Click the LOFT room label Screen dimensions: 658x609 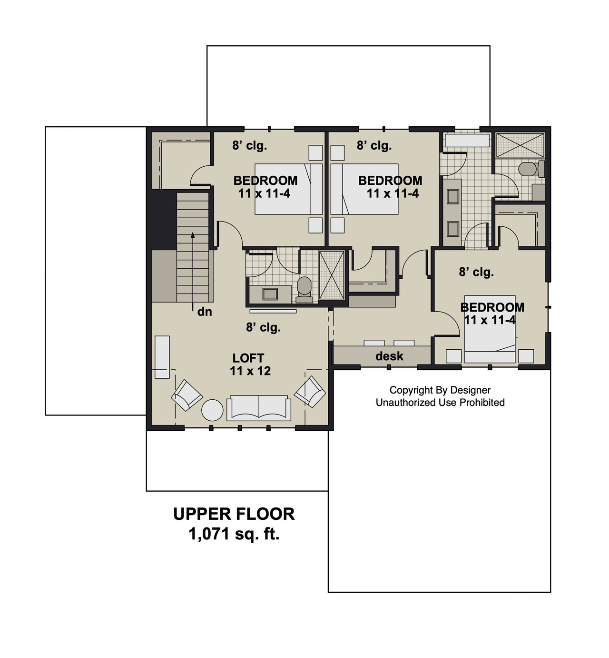[x=248, y=358]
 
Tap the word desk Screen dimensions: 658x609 [x=389, y=356]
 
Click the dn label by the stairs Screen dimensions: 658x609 [x=204, y=312]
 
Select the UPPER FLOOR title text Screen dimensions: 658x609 [x=234, y=514]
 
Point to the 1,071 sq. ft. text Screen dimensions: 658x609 [x=234, y=534]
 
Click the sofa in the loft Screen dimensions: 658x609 [x=259, y=408]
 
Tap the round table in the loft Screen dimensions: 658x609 [x=212, y=410]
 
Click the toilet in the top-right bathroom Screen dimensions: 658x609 [x=528, y=169]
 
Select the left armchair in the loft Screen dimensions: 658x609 [x=187, y=395]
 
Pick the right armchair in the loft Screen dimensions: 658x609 [x=310, y=392]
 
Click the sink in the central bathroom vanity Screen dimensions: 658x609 [x=270, y=294]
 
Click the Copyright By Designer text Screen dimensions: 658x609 [x=440, y=390]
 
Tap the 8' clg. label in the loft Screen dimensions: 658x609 [x=263, y=327]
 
